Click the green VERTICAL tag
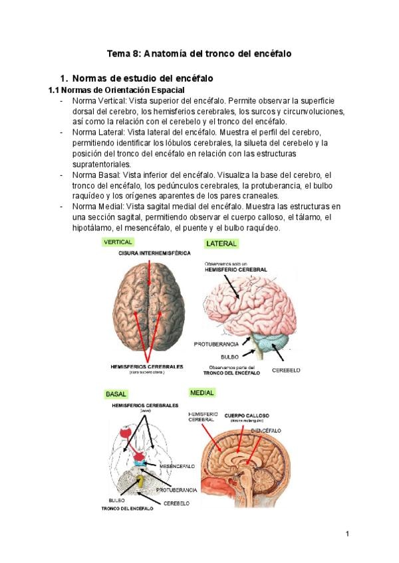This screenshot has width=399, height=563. click(x=118, y=242)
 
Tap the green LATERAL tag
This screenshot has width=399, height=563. click(x=221, y=244)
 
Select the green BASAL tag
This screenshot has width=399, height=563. click(x=116, y=394)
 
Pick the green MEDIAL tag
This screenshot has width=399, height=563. click(x=202, y=392)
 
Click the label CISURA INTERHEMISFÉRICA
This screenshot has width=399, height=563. click(x=154, y=253)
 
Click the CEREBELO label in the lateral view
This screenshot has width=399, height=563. click(x=287, y=369)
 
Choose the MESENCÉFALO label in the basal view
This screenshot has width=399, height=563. click(x=177, y=466)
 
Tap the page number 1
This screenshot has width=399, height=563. click(x=347, y=533)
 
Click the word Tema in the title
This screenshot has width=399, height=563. click(x=120, y=52)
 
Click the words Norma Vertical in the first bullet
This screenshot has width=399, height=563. click(x=100, y=100)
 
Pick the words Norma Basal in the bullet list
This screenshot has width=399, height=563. click(x=98, y=175)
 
